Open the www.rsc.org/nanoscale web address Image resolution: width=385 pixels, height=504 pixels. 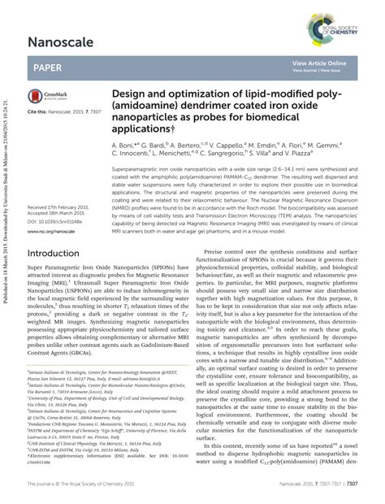point(51,209)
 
